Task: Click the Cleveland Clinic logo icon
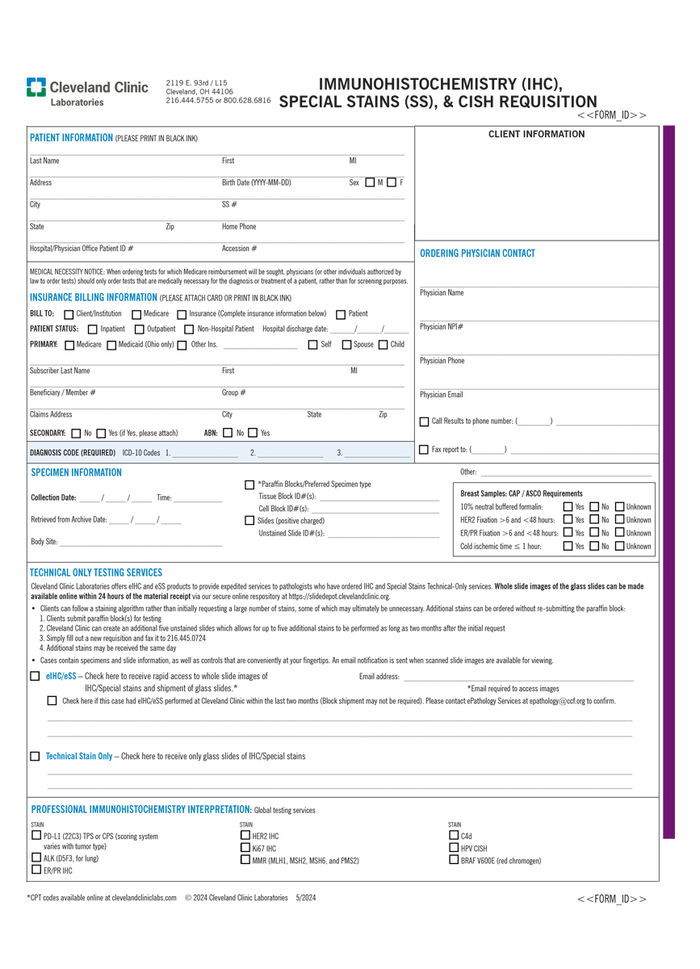[x=36, y=87]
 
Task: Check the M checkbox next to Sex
[x=370, y=182]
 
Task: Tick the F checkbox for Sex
[x=392, y=182]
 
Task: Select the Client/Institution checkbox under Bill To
[x=69, y=314]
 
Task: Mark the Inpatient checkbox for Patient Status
[x=93, y=329]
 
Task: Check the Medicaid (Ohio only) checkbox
[x=111, y=346]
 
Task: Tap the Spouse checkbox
[x=346, y=345]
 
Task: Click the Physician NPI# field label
[x=441, y=327]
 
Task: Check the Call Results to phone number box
[x=425, y=422]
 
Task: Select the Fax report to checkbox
[x=425, y=449]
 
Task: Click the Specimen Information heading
[x=76, y=472]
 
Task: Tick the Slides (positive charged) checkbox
[x=249, y=521]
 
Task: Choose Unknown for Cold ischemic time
[x=619, y=547]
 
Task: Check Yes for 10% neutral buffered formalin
[x=568, y=507]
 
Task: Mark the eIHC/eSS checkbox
[x=35, y=676]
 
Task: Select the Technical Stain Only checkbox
[x=35, y=757]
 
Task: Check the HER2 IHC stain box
[x=245, y=836]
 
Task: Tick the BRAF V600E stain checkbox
[x=454, y=860]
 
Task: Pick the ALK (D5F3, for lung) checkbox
[x=36, y=858]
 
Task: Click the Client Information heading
[x=536, y=135]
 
